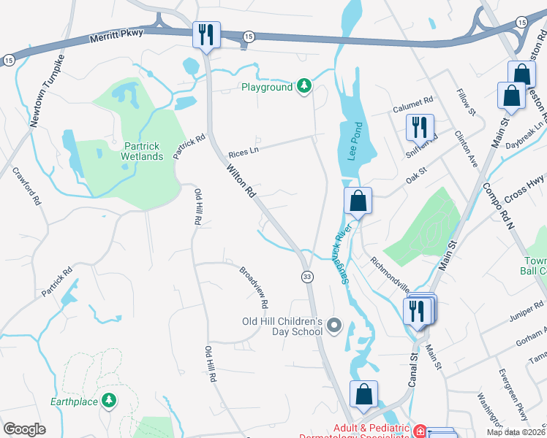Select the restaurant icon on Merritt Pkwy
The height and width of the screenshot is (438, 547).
pos(205,34)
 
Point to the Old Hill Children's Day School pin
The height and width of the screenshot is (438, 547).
pos(335,326)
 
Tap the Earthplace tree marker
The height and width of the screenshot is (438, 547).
pos(109,401)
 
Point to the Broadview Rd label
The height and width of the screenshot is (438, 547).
pos(254,286)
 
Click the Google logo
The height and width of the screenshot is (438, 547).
pos(24,429)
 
